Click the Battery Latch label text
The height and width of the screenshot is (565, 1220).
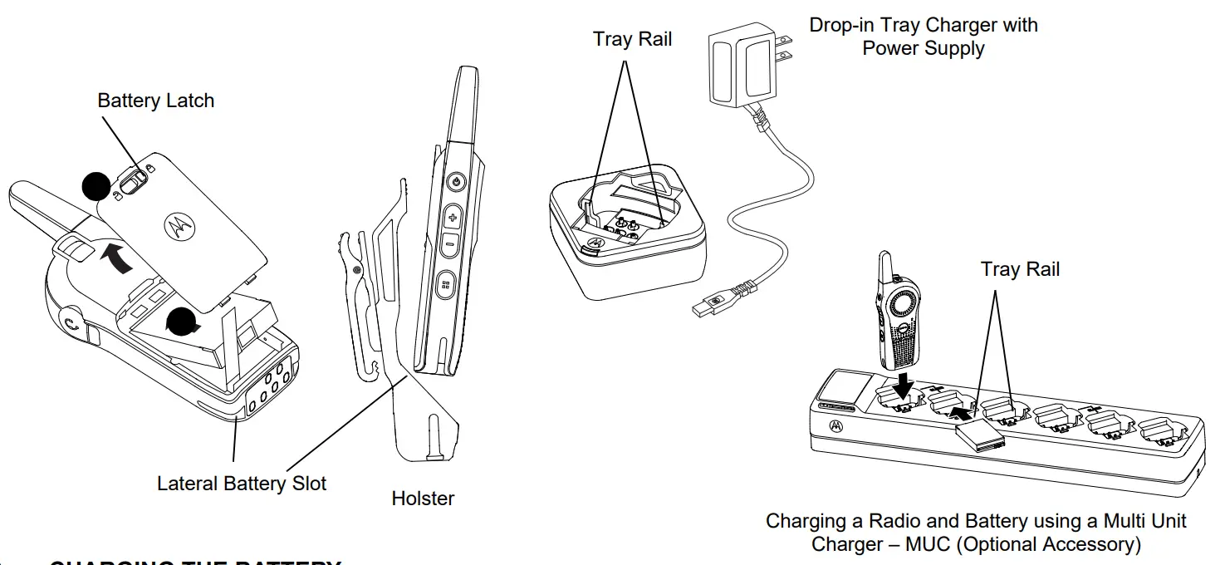click(155, 101)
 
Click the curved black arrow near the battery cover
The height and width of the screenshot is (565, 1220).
click(115, 259)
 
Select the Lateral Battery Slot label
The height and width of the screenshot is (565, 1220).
click(242, 483)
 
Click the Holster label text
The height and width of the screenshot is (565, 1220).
click(423, 499)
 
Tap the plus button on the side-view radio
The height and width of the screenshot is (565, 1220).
click(453, 219)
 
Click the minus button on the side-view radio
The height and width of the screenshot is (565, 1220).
click(449, 244)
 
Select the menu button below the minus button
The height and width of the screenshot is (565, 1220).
click(446, 284)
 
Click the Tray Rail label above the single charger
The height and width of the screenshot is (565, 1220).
click(632, 39)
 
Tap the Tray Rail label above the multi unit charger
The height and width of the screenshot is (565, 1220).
click(1020, 269)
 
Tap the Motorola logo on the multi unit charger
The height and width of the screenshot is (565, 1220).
click(835, 426)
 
